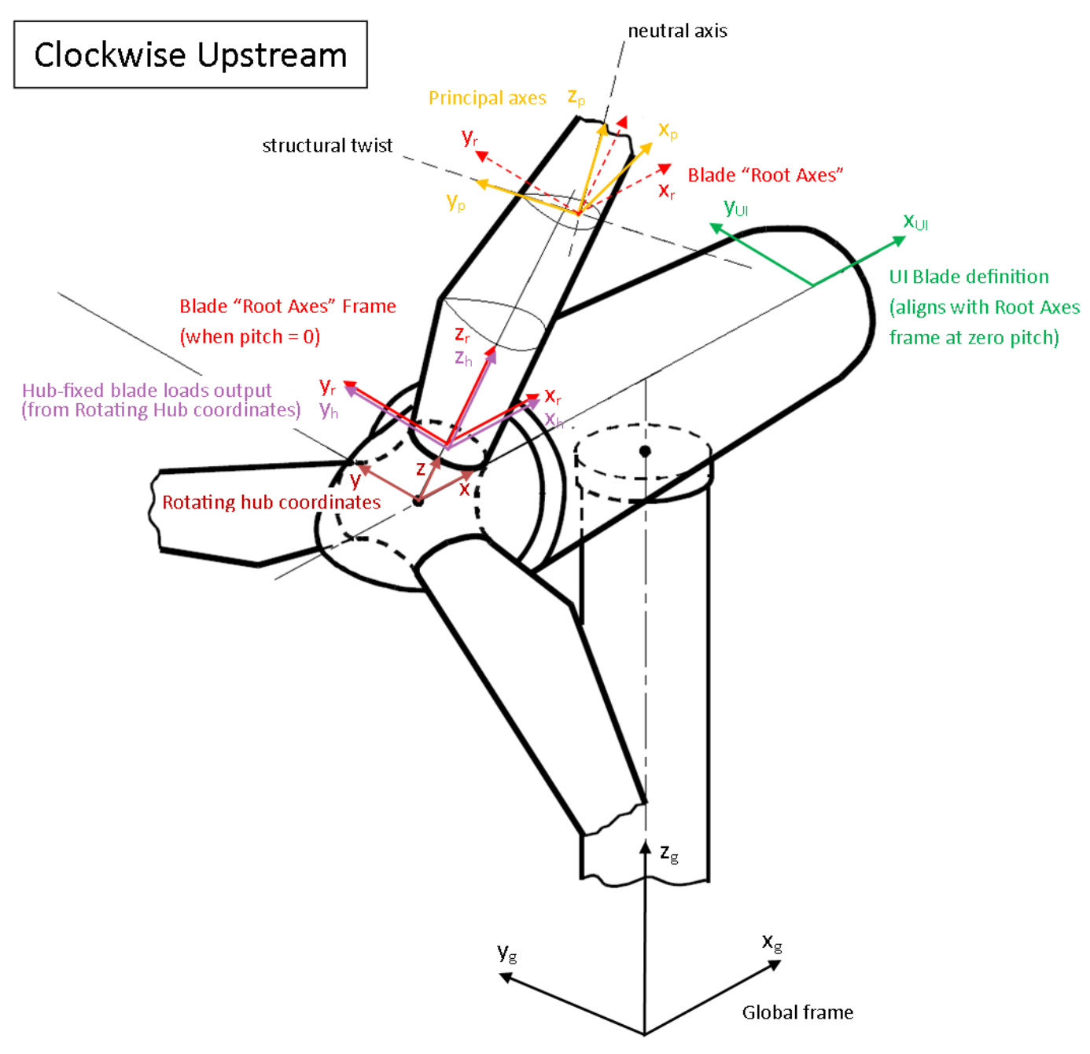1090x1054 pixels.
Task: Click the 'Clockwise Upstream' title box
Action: point(190,54)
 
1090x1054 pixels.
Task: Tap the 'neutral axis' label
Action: point(677,31)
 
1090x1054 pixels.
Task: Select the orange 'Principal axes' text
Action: point(487,98)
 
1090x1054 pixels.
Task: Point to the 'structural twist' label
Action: point(327,145)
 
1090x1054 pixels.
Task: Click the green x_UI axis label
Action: point(915,222)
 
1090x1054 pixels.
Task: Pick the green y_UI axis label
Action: point(735,208)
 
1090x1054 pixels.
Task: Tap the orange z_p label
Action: point(576,97)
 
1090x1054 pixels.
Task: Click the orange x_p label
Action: point(668,130)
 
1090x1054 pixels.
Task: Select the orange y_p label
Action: point(455,202)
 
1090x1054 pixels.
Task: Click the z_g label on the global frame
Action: point(669,854)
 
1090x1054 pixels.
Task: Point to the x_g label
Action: point(772,942)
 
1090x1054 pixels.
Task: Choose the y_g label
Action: point(507,953)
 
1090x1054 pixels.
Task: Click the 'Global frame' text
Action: point(797,1012)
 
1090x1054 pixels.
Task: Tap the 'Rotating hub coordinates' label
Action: point(271,502)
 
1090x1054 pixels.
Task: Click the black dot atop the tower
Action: point(645,451)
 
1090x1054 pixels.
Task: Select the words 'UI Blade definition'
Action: point(969,277)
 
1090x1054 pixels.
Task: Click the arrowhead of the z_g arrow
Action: point(645,847)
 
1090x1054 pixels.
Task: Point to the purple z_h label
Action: point(463,358)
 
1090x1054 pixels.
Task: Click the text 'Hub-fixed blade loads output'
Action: point(147,391)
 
